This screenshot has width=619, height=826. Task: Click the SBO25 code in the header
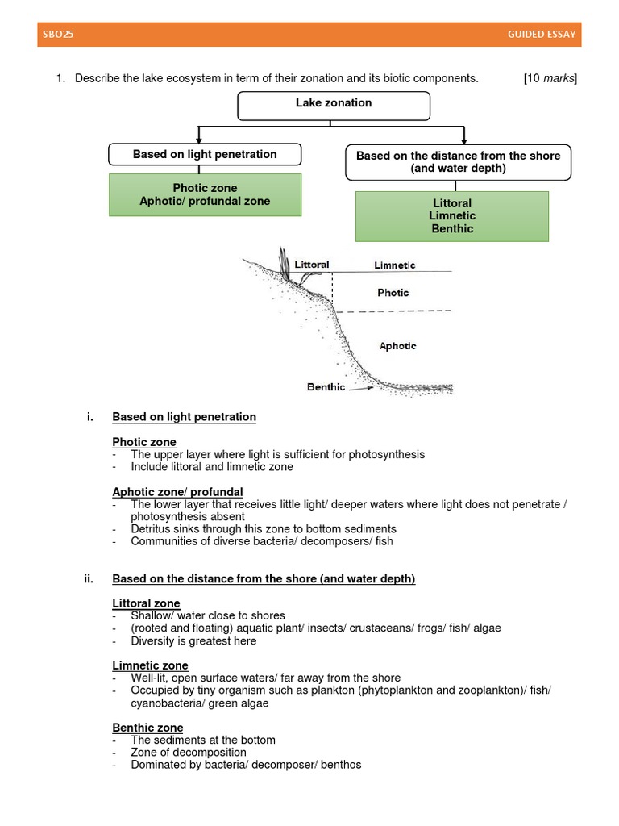coord(58,35)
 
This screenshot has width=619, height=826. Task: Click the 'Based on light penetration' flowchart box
coord(205,154)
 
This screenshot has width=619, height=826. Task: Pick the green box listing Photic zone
coord(205,194)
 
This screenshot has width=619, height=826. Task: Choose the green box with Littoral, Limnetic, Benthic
coord(451,215)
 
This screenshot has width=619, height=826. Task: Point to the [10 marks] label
coord(550,78)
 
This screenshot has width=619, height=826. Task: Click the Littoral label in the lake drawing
coord(312,264)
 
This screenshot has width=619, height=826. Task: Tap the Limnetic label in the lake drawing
coord(395,265)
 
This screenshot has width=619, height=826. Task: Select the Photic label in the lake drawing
coord(393,293)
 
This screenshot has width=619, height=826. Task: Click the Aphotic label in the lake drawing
coord(397,345)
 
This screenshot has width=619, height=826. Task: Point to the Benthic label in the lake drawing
coord(326,387)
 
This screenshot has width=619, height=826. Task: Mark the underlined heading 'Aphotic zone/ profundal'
coord(177,491)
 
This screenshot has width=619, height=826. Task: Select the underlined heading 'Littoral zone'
coord(146,603)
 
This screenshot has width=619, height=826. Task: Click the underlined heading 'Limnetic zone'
coord(150,665)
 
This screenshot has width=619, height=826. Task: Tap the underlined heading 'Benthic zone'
coord(147,728)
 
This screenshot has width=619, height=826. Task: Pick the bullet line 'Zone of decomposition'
coord(189,753)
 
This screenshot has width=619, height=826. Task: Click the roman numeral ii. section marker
coord(89,578)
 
